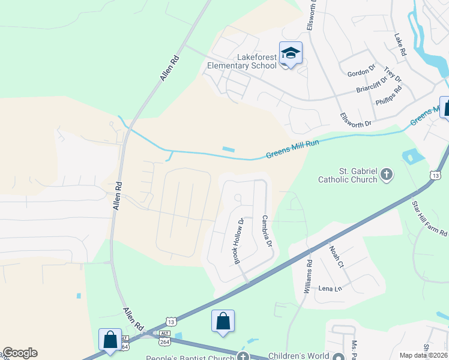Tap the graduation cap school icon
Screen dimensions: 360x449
pyautogui.click(x=291, y=54)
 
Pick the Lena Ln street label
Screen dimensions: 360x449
pyautogui.click(x=330, y=289)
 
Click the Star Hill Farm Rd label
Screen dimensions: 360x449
pyautogui.click(x=421, y=218)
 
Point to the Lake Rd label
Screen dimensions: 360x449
pyautogui.click(x=400, y=45)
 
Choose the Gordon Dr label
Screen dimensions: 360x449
pyautogui.click(x=361, y=73)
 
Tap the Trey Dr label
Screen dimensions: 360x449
pyautogui.click(x=393, y=74)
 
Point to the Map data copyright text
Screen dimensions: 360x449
pyautogui.click(x=424, y=355)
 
